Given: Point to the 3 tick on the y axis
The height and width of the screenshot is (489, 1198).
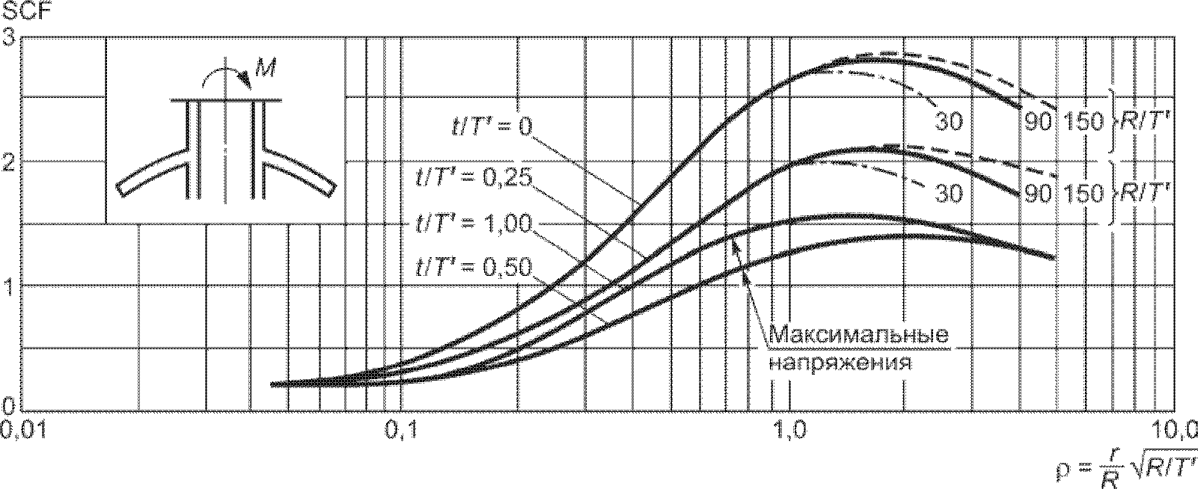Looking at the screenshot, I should pos(10,37).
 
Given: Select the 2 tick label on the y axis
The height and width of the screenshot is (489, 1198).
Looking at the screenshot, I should pos(10,162).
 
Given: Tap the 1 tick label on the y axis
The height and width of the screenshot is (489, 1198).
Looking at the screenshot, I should pos(10,286).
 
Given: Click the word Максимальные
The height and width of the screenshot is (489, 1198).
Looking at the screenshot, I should pos(860,333).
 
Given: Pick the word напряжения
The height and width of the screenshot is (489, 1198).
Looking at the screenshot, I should pos(840,363).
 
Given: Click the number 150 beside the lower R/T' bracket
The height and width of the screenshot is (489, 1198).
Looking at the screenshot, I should pos(1083,194).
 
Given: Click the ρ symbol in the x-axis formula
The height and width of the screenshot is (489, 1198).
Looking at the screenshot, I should pos(1063,473).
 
